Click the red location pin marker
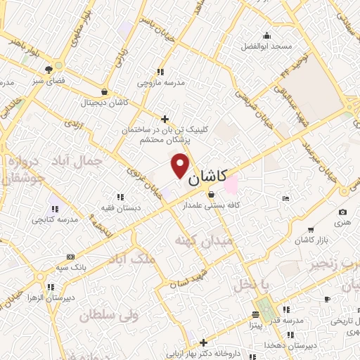pos(181,165)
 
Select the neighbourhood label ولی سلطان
pos(107,316)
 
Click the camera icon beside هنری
pos(342,212)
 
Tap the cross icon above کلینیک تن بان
pos(165,119)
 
